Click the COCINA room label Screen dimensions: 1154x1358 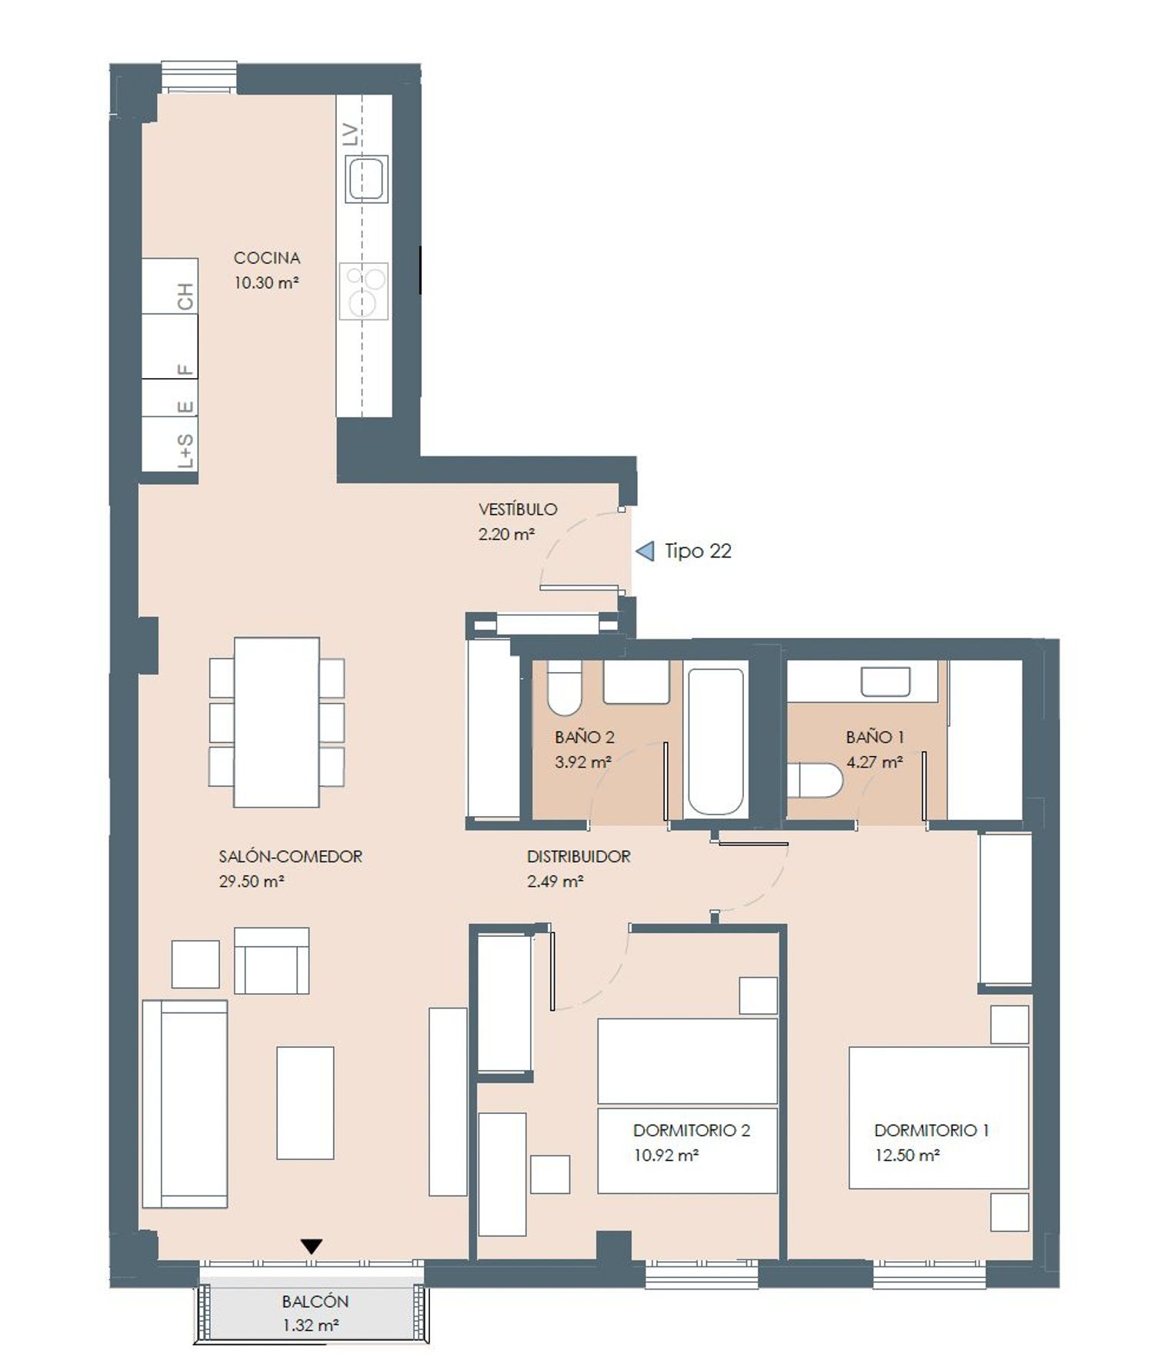click(x=266, y=258)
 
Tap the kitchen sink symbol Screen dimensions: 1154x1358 click(x=366, y=179)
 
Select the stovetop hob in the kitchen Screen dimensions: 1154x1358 click(x=363, y=292)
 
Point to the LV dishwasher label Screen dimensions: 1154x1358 click(x=351, y=135)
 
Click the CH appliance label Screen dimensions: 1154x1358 click(x=185, y=296)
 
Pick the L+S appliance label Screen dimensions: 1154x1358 click(x=185, y=450)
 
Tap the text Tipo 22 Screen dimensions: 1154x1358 click(x=698, y=551)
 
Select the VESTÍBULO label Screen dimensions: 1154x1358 click(x=518, y=509)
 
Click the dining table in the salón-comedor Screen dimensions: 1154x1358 click(x=276, y=722)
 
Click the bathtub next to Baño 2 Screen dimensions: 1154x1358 click(x=715, y=741)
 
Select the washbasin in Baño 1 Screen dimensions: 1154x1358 click(x=886, y=681)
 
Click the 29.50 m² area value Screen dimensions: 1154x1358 click(x=252, y=881)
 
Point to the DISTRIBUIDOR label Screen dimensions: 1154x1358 click(x=579, y=856)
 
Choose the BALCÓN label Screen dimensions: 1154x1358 click(x=315, y=1302)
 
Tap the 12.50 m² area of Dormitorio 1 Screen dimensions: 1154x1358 click(x=907, y=1156)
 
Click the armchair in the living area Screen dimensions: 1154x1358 click(x=272, y=960)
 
